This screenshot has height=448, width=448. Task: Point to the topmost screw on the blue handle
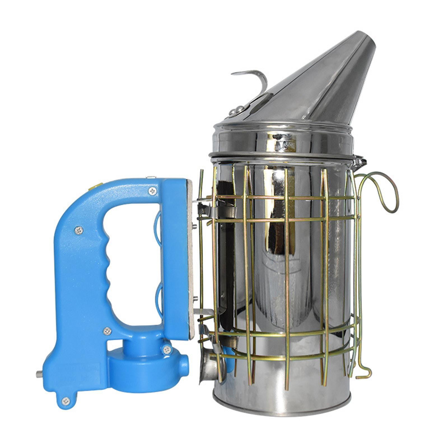[152, 192]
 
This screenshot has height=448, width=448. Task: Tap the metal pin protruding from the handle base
[39, 375]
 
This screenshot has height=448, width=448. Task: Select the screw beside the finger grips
[79, 230]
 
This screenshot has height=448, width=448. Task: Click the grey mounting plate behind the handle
[191, 258]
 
